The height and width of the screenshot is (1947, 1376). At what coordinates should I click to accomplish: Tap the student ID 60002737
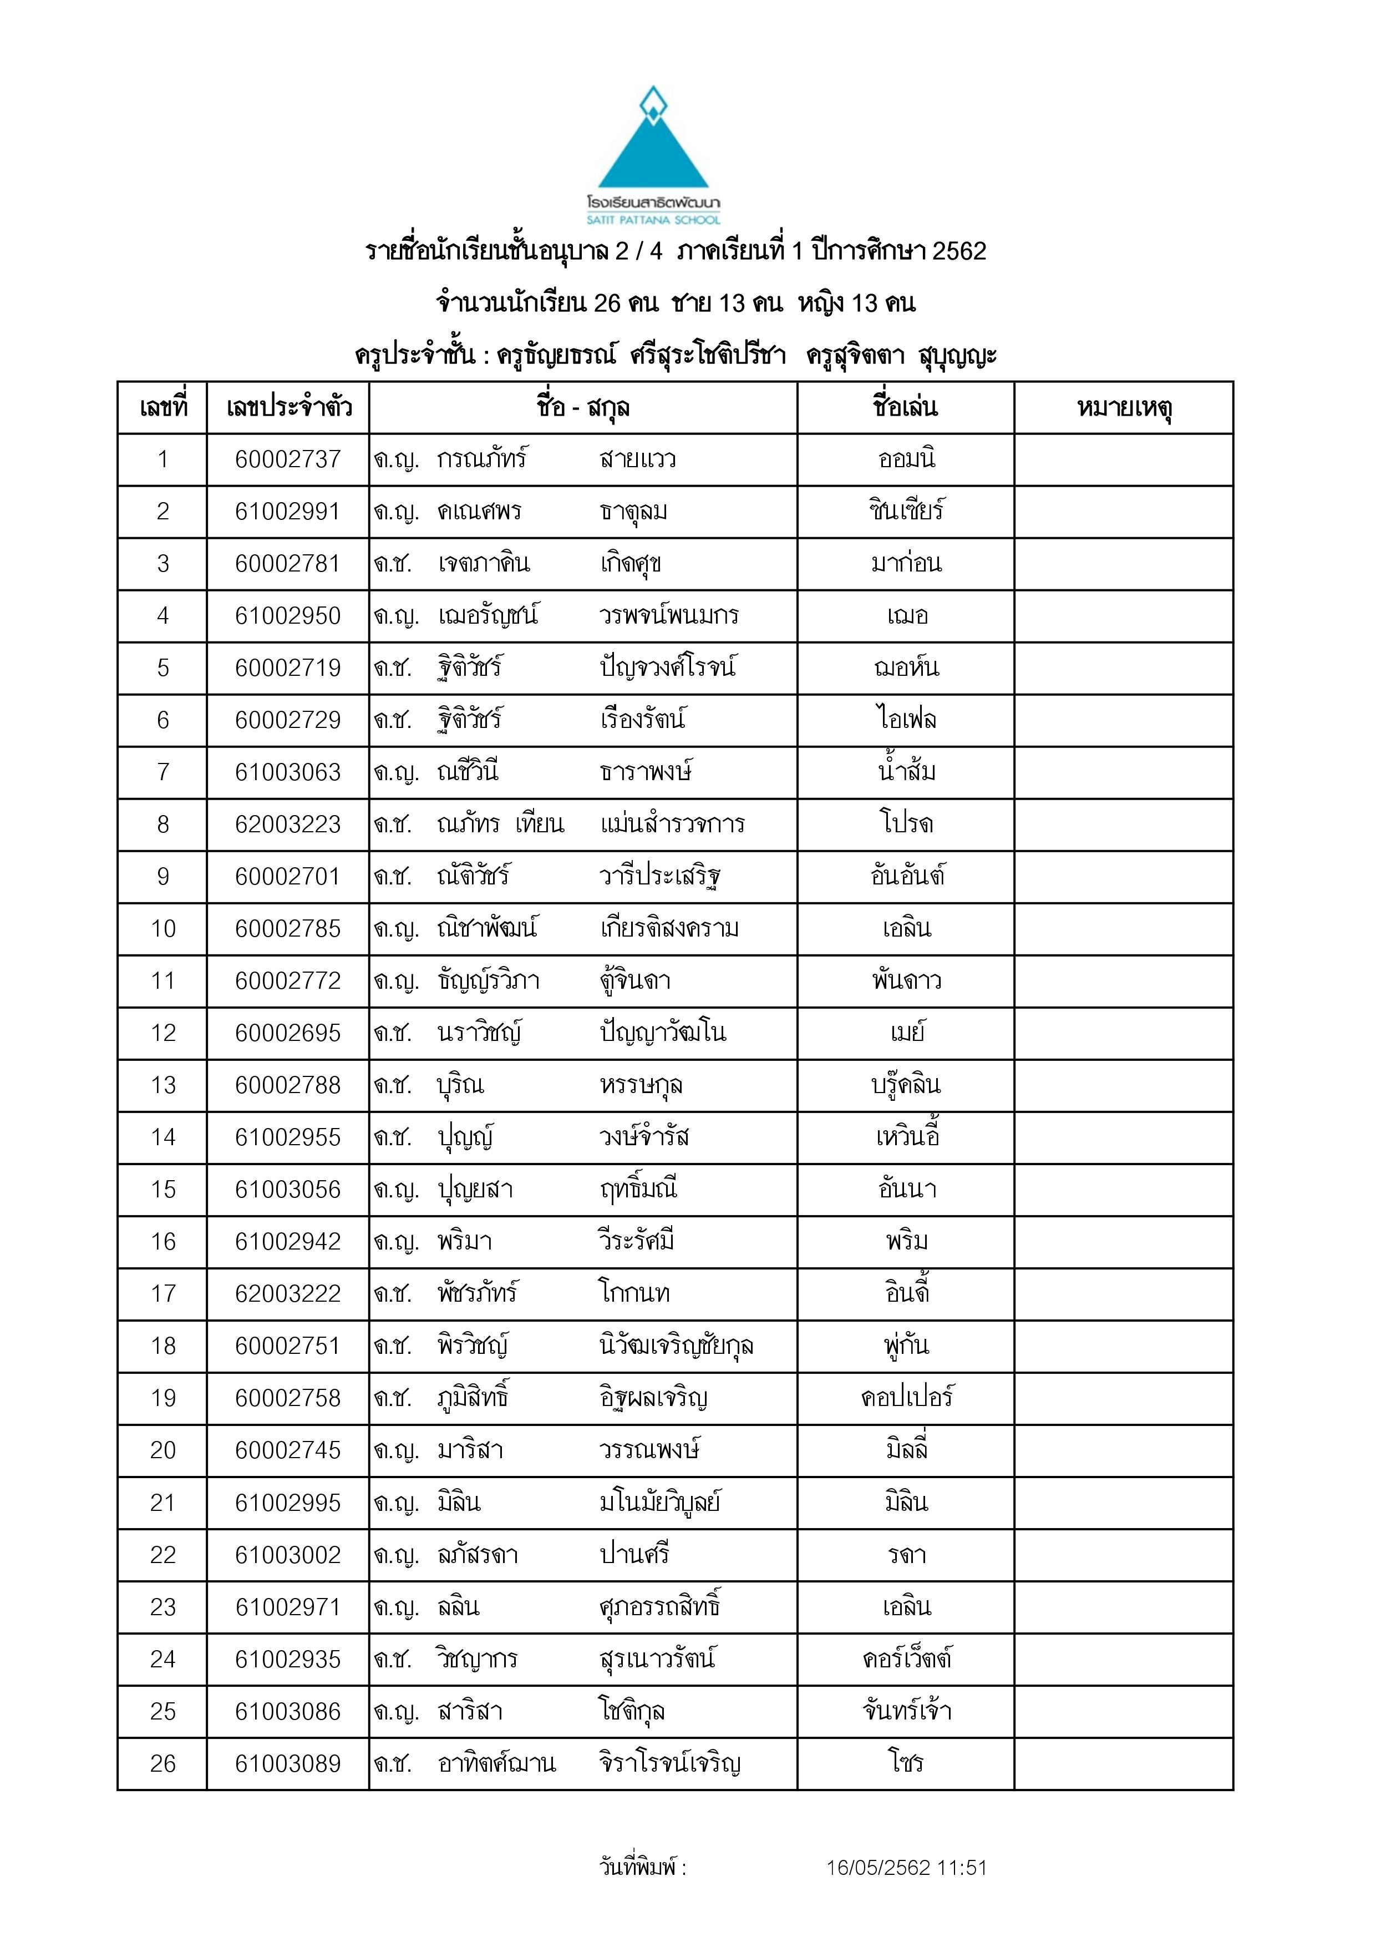pyautogui.click(x=287, y=459)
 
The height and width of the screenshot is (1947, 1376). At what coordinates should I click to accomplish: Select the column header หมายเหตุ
pyautogui.click(x=1124, y=408)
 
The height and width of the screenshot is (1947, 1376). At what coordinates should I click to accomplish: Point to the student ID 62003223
pyautogui.click(x=287, y=825)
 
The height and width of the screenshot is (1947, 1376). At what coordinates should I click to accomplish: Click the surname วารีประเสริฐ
pyautogui.click(x=661, y=876)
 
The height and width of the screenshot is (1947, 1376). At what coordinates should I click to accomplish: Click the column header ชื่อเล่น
pyautogui.click(x=906, y=408)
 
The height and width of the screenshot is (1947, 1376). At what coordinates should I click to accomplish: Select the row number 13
pyautogui.click(x=163, y=1085)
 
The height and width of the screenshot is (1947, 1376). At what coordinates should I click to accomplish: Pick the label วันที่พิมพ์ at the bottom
pyautogui.click(x=642, y=1867)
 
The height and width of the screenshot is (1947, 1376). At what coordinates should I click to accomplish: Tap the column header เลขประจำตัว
pyautogui.click(x=288, y=408)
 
